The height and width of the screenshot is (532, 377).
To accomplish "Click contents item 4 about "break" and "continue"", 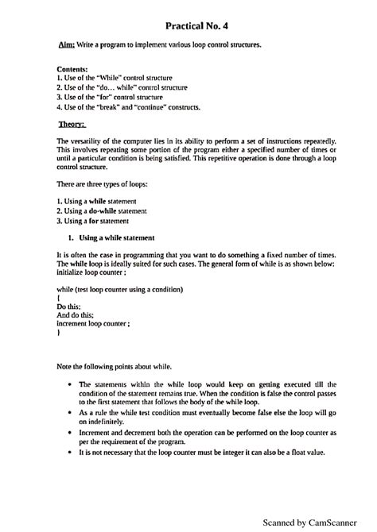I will [x=128, y=106].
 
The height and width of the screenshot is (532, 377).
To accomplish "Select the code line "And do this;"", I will [x=76, y=314].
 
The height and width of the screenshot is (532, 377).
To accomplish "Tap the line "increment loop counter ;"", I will [x=93, y=323].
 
